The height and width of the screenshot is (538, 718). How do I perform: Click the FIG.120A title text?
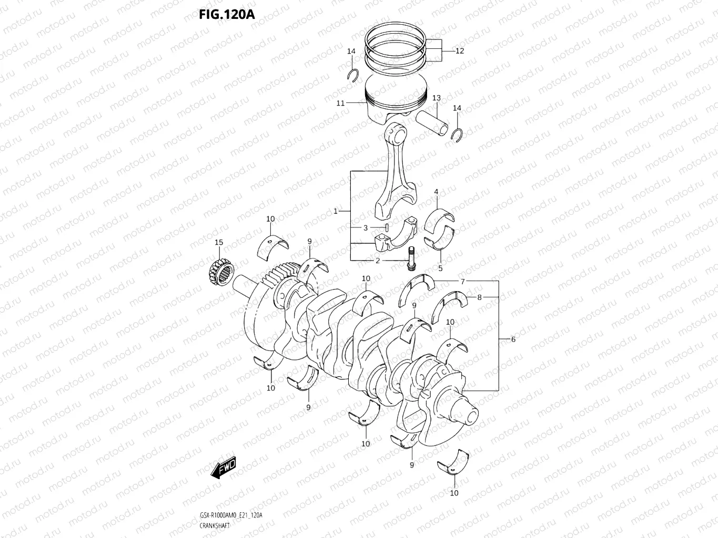227,14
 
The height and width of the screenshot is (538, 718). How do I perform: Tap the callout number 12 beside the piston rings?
459,51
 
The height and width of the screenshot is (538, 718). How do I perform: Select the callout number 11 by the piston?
340,103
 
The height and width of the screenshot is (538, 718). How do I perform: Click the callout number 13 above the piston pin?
437,98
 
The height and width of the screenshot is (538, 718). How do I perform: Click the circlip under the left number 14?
354,75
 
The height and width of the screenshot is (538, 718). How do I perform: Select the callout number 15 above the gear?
219,242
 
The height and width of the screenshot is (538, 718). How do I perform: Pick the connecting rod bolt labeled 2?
410,259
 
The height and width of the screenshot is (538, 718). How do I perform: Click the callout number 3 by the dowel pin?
366,228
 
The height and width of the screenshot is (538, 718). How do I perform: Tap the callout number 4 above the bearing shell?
436,192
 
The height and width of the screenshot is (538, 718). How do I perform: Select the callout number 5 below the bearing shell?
440,268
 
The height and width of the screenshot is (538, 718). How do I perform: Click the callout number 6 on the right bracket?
513,339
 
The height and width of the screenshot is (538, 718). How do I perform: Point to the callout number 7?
462,282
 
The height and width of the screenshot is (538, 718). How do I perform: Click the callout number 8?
479,297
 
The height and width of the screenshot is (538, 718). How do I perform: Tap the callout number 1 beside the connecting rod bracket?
336,211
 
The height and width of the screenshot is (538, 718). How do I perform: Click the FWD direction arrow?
224,467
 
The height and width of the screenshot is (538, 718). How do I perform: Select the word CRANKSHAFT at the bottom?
215,525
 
